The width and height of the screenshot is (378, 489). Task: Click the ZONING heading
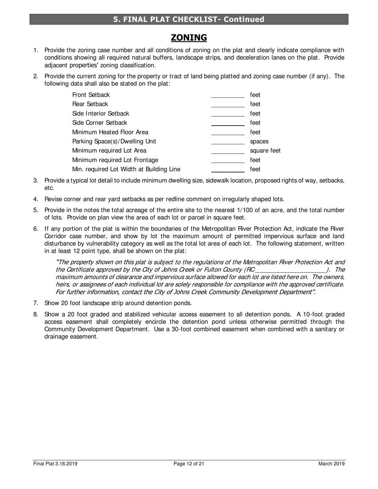pos(189,37)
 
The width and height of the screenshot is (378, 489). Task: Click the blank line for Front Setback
pos(228,95)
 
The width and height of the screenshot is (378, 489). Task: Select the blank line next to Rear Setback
pos(228,105)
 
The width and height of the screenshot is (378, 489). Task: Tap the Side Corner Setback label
pos(100,123)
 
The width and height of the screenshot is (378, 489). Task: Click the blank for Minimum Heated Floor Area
pos(228,132)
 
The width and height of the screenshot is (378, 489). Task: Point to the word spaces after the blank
pos(259,142)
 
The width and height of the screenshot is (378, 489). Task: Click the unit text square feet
pos(265,151)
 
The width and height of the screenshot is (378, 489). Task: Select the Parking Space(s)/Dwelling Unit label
pos(114,142)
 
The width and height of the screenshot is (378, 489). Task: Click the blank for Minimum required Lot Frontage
pos(228,160)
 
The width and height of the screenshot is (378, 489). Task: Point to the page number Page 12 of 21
pos(189,464)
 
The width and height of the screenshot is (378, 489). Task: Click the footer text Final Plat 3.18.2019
pos(55,464)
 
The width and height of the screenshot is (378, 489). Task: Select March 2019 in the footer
pos(331,464)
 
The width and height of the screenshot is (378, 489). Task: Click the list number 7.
pos(36,303)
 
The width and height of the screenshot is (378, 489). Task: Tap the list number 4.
pos(36,199)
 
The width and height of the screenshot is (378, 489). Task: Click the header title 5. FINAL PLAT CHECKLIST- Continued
pos(189,19)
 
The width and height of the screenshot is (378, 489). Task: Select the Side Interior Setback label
pos(101,114)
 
